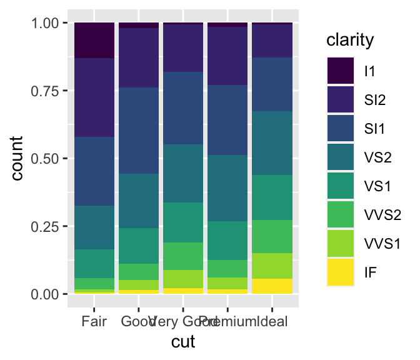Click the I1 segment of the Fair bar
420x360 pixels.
coord(94,40)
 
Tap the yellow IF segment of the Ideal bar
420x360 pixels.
coord(272,286)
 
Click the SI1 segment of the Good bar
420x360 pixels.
coord(139,131)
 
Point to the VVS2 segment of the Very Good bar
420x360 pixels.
coord(183,256)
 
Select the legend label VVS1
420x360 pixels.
coord(382,244)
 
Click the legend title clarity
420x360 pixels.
coord(350,41)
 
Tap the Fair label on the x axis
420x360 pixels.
coord(94,322)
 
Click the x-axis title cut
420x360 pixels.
coord(183,342)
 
